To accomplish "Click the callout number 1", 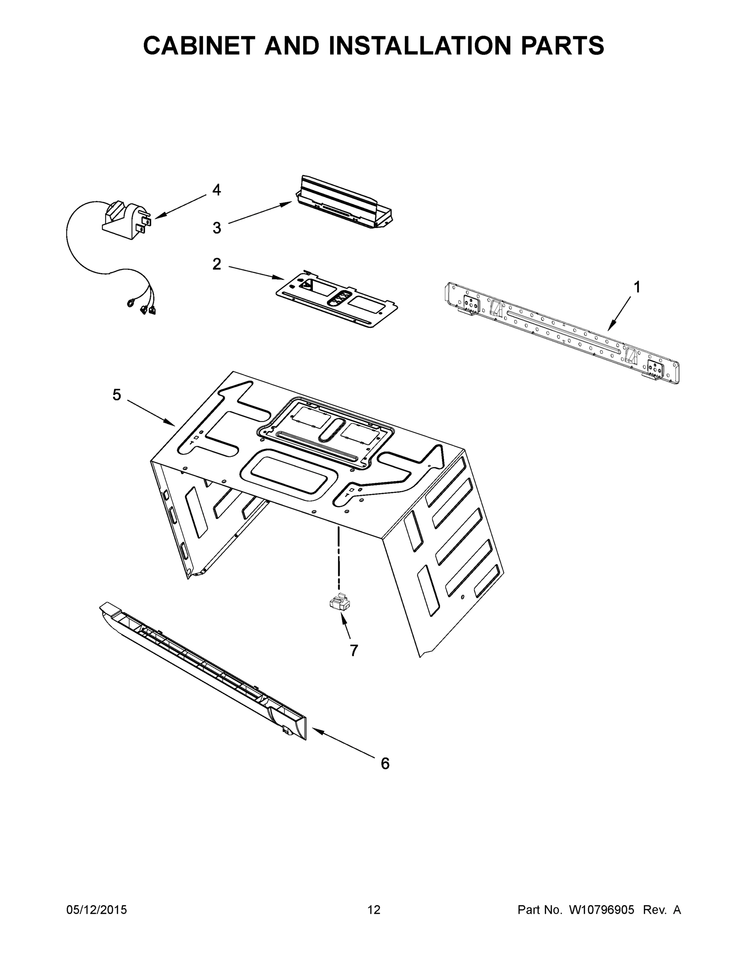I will [x=636, y=287].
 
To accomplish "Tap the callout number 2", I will [x=216, y=264].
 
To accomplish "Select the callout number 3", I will [x=216, y=228].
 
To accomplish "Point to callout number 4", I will [x=216, y=190].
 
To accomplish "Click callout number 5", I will [x=116, y=394].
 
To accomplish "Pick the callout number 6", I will [x=385, y=764].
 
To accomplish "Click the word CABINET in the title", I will [x=199, y=46].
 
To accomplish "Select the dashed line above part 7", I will [x=339, y=558].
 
